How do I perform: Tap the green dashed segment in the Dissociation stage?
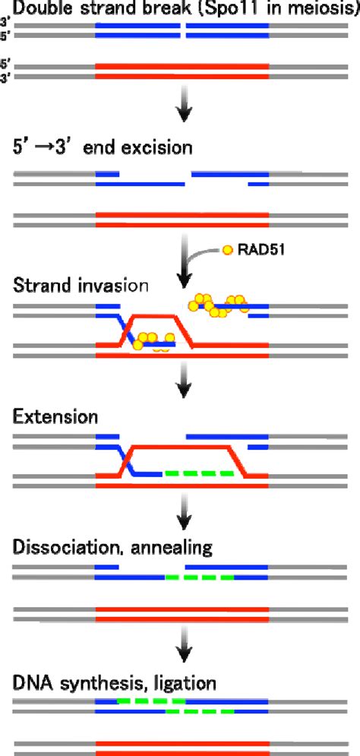(x=199, y=577)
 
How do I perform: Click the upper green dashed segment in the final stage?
(x=151, y=701)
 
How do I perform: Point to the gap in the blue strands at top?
(x=183, y=30)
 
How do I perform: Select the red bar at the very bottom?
(x=182, y=746)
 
